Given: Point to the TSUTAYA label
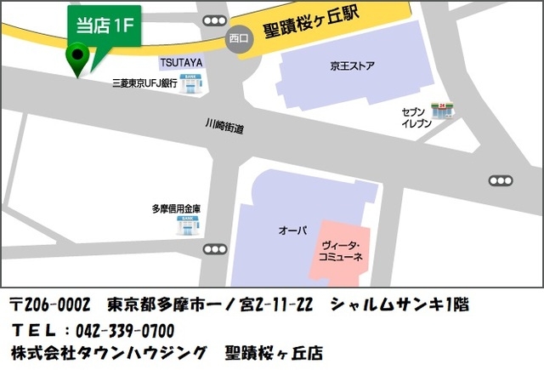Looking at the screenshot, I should (x=181, y=63).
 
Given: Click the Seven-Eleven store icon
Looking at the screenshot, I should (x=442, y=111).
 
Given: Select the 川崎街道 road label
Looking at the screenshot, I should (x=224, y=127).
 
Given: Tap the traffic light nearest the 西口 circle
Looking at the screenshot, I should (x=216, y=20).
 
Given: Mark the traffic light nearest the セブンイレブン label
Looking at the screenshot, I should (x=501, y=180).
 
